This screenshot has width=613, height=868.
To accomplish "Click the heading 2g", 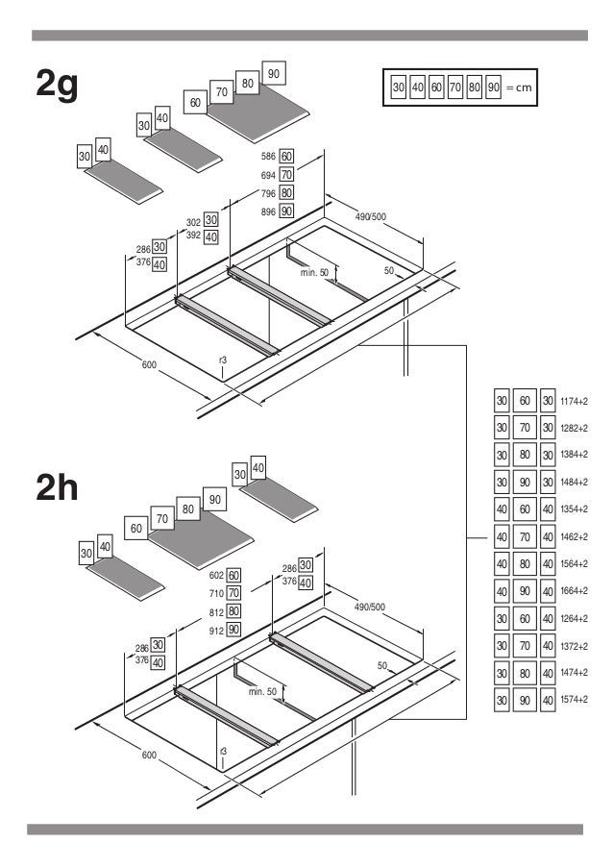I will click(x=56, y=85).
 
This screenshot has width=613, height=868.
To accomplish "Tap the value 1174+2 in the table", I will click(x=574, y=401).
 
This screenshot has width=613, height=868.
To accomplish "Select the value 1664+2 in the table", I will click(x=574, y=591).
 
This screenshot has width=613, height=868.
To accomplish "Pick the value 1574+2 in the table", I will click(x=574, y=700).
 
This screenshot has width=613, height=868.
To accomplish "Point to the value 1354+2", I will click(x=574, y=509).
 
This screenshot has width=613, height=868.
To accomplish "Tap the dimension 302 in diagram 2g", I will click(x=193, y=222).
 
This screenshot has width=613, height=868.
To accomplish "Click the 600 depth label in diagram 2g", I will click(x=149, y=365).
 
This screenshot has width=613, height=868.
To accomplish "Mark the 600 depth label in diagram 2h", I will click(x=149, y=756).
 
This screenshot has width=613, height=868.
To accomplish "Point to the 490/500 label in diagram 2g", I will click(x=370, y=216).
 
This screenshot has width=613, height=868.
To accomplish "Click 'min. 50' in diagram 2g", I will click(x=314, y=274).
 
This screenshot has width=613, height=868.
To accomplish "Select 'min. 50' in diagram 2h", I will click(x=262, y=691).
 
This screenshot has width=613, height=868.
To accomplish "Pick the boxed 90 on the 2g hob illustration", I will click(x=274, y=74).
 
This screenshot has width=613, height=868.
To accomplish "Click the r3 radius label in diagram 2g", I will click(x=222, y=360).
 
